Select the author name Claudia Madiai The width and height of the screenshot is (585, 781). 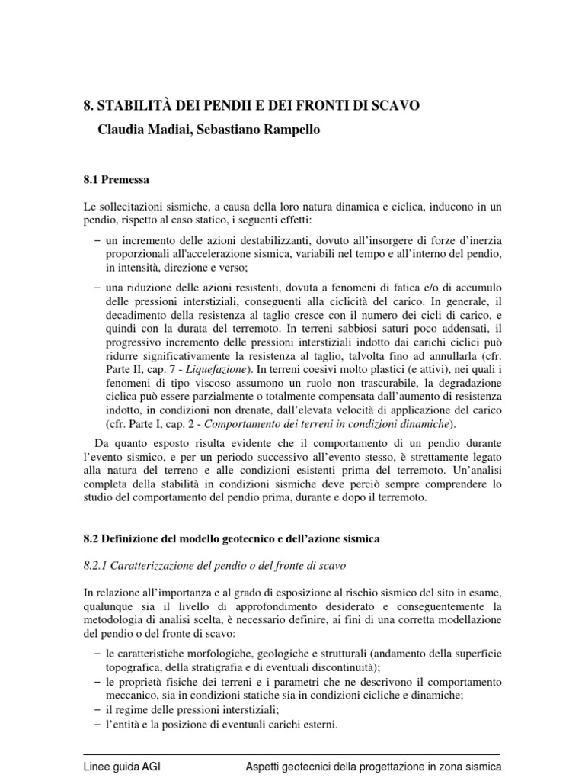click(142, 130)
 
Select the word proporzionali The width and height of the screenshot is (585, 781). click(138, 255)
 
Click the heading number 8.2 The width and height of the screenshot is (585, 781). click(92, 538)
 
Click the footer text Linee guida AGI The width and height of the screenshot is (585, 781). click(122, 767)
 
